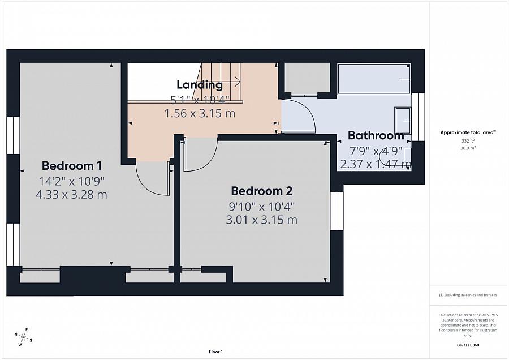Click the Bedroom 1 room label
tap(71, 166)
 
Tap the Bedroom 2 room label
tap(262, 191)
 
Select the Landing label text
tap(200, 84)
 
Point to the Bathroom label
tap(376, 135)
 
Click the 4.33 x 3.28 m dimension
tap(71, 195)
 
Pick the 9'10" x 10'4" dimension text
tap(262, 206)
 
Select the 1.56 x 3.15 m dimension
tap(200, 113)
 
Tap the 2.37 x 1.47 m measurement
tap(376, 164)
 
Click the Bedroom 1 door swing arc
tap(144, 186)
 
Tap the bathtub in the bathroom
tap(374, 79)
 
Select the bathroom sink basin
tap(403, 121)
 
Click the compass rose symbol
tap(23, 337)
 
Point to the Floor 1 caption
tap(216, 352)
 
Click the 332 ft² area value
tap(468, 141)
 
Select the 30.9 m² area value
tap(468, 148)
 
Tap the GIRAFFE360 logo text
tap(468, 345)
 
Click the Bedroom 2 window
tap(337, 211)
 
